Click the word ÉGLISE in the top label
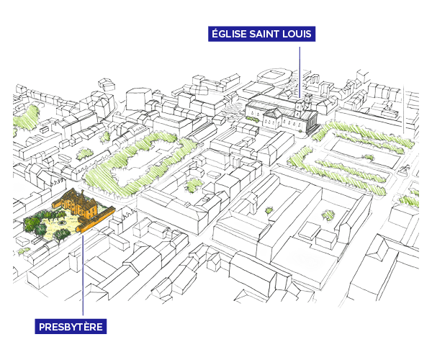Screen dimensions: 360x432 point(228,34)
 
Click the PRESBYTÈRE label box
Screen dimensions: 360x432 point(71,326)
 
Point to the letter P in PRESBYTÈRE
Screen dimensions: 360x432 point(42,327)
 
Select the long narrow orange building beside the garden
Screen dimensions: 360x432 point(96,220)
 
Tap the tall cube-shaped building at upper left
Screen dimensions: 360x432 point(140,98)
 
